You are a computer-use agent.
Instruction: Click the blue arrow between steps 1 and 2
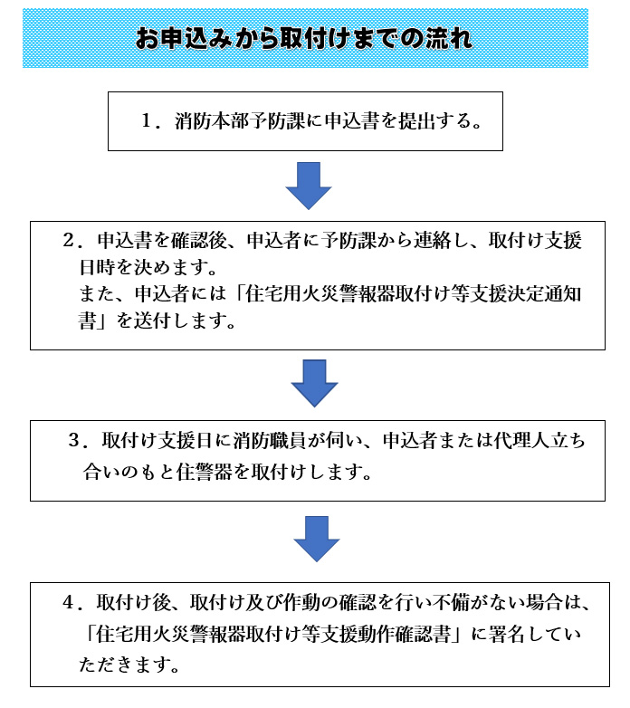click(x=309, y=186)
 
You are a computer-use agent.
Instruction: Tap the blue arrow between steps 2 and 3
click(x=315, y=383)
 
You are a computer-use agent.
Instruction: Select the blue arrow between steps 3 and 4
click(x=317, y=539)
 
